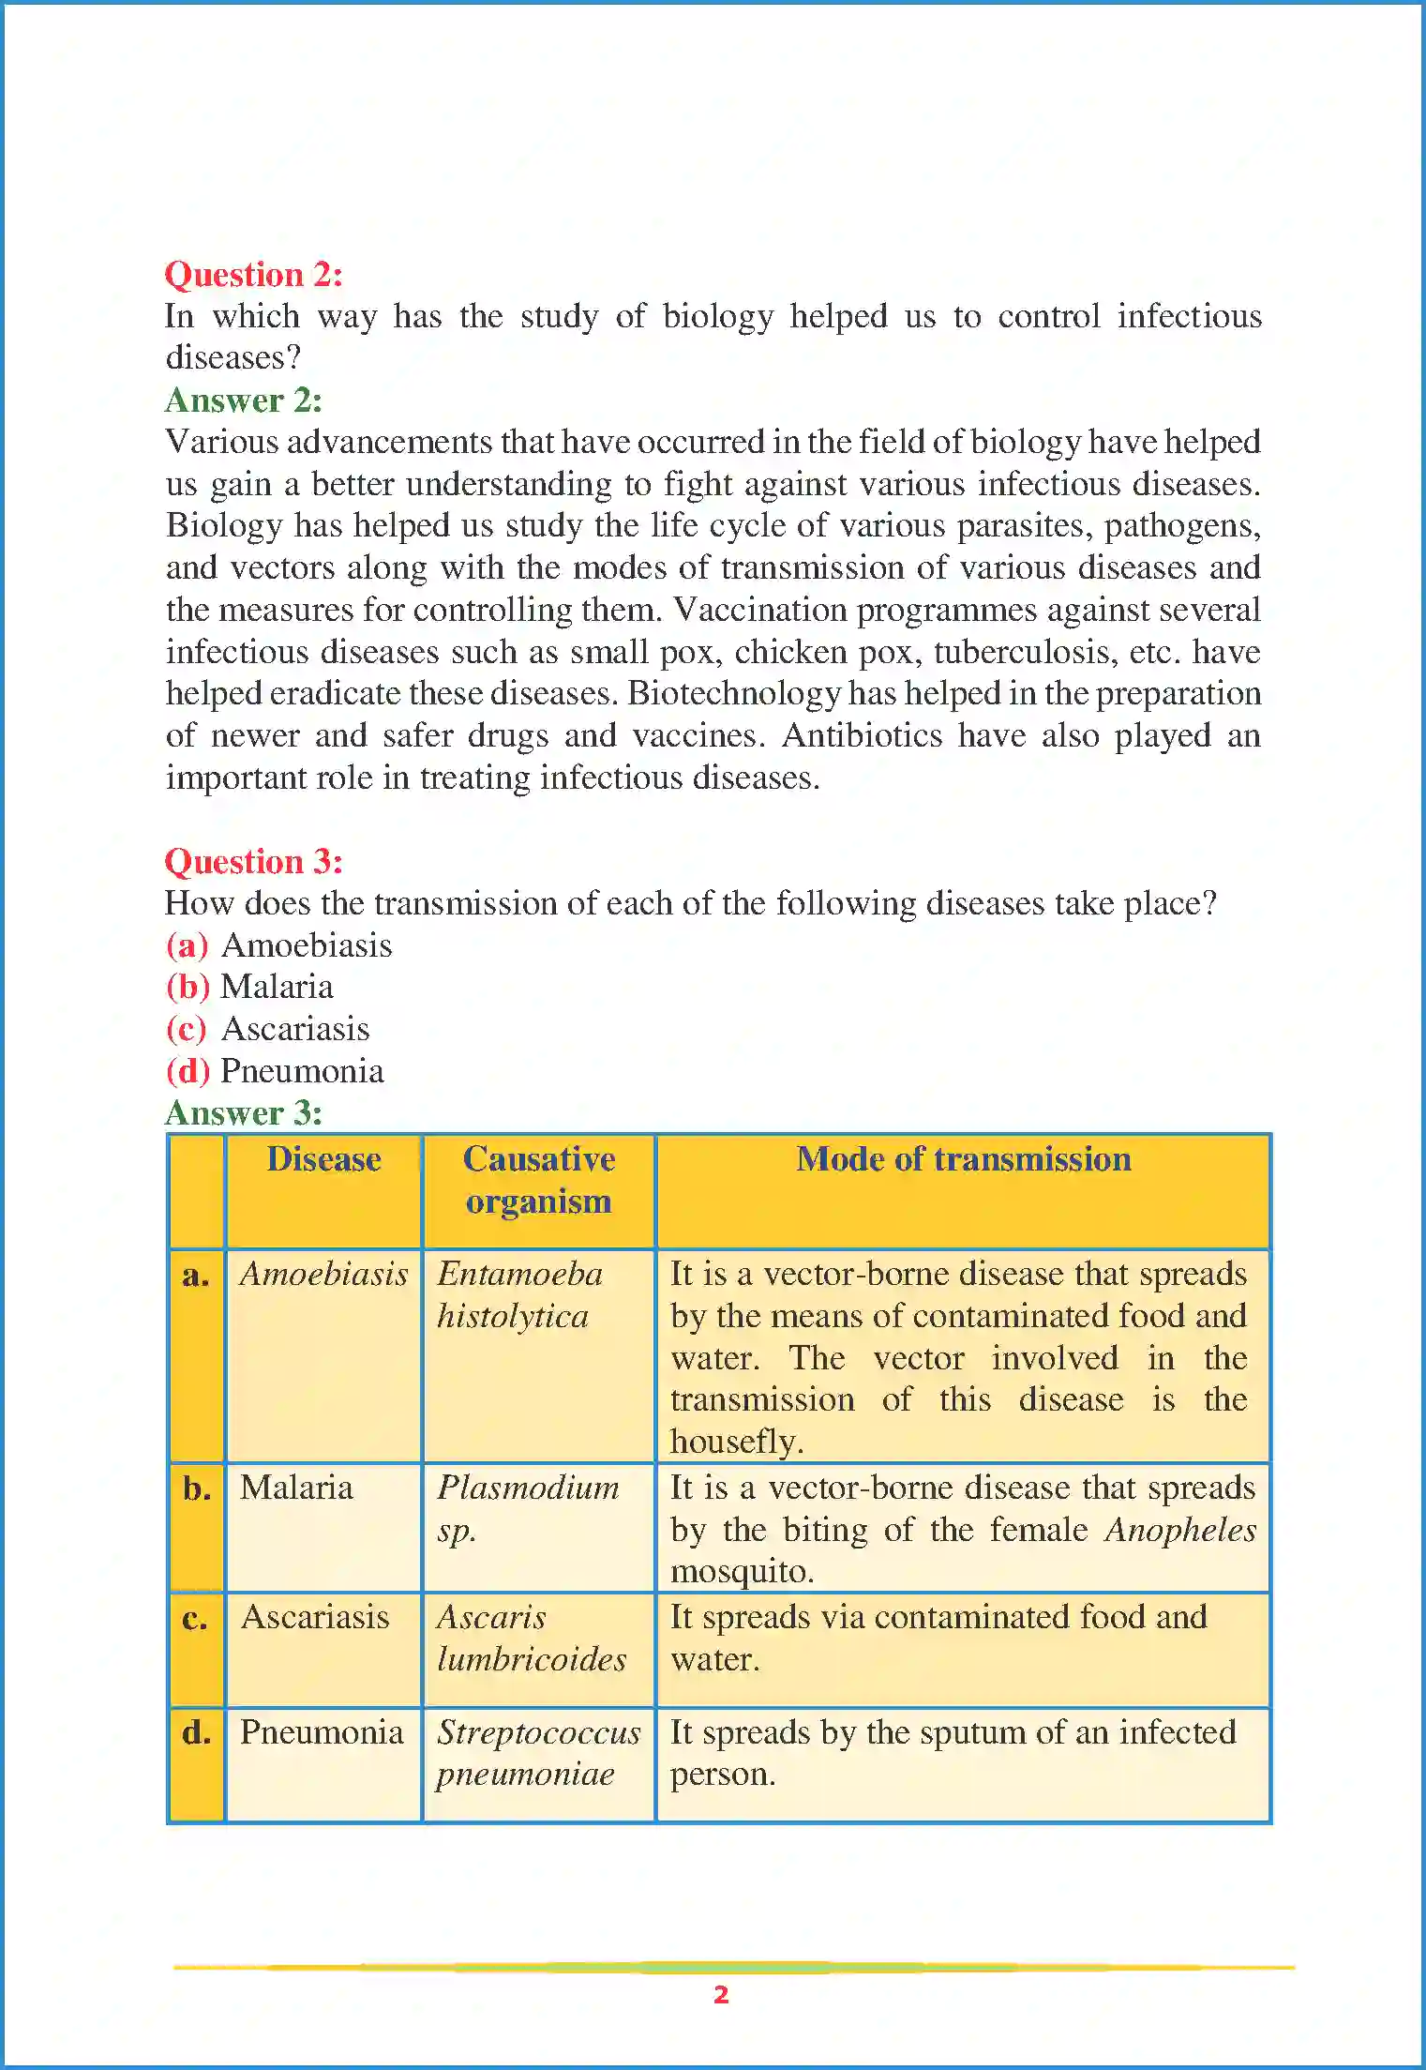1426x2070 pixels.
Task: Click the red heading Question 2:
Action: click(253, 275)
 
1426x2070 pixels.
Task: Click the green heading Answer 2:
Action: click(244, 400)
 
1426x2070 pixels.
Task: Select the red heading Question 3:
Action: click(253, 861)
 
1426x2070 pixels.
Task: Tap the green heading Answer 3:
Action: click(244, 1113)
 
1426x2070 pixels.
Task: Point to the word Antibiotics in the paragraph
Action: click(862, 735)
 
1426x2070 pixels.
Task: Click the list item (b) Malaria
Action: click(249, 987)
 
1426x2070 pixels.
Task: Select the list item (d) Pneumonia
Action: click(275, 1071)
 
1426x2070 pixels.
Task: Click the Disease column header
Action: click(323, 1160)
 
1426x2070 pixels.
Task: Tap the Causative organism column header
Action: click(538, 1180)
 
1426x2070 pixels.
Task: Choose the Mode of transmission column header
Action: click(963, 1160)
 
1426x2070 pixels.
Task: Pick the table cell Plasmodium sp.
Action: click(527, 1508)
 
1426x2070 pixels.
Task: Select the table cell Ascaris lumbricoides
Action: click(531, 1639)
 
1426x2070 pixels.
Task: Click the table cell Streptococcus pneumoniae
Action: click(537, 1753)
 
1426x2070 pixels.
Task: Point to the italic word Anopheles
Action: click(1179, 1531)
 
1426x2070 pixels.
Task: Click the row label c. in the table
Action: click(195, 1620)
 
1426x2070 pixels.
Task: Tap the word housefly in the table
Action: click(735, 1442)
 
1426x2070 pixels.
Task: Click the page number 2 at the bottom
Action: click(720, 1995)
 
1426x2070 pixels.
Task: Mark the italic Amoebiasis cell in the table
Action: click(323, 1275)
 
